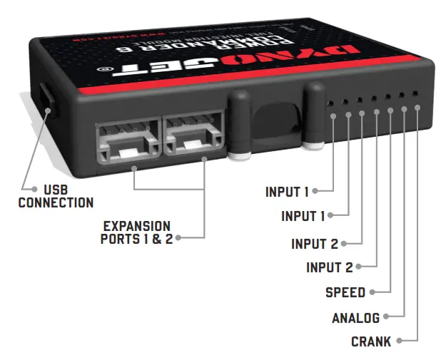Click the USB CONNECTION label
coord(56,196)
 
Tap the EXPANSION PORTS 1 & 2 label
coord(136,232)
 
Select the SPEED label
coord(345,292)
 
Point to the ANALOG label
coord(355,318)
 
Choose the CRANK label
coord(371,342)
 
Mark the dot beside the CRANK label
coord(400,341)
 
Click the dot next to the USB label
coord(34,190)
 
